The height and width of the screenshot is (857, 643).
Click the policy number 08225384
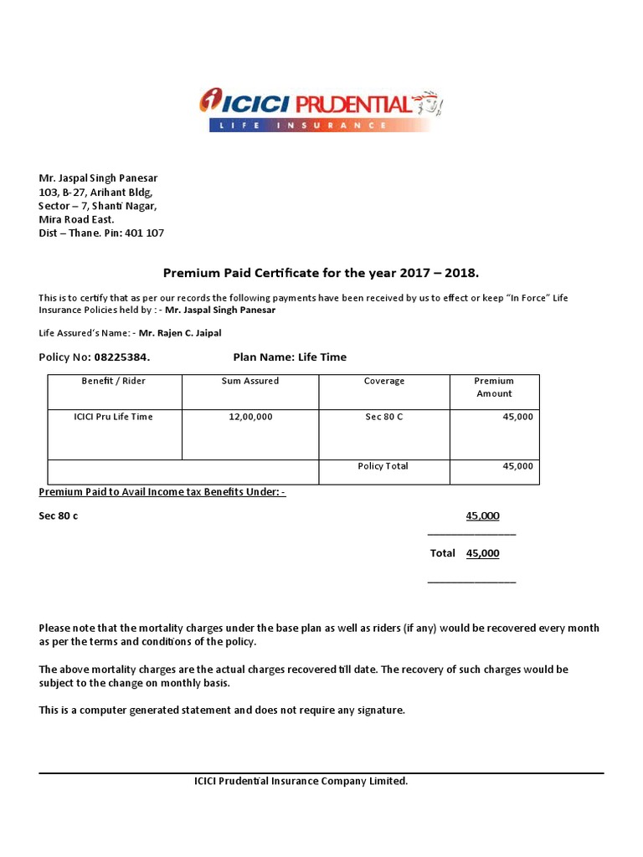(x=121, y=357)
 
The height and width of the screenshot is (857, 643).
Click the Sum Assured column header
(x=250, y=381)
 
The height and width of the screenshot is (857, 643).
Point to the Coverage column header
(x=384, y=381)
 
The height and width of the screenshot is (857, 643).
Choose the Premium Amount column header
(x=494, y=387)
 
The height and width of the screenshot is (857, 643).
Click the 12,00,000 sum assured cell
(x=250, y=417)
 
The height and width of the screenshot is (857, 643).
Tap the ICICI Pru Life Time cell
(x=114, y=417)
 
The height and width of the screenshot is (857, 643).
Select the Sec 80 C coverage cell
(x=384, y=417)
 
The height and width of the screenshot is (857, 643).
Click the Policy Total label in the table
(x=383, y=466)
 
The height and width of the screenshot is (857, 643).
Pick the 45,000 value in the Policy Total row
(x=517, y=466)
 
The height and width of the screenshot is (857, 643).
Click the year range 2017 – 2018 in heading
(x=430, y=274)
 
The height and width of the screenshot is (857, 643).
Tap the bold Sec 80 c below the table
(x=59, y=516)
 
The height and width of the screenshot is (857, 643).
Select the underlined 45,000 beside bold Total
(x=482, y=553)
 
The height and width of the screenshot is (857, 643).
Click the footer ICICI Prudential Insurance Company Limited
(x=301, y=782)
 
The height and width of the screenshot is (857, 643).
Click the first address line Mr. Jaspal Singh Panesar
(x=99, y=178)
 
